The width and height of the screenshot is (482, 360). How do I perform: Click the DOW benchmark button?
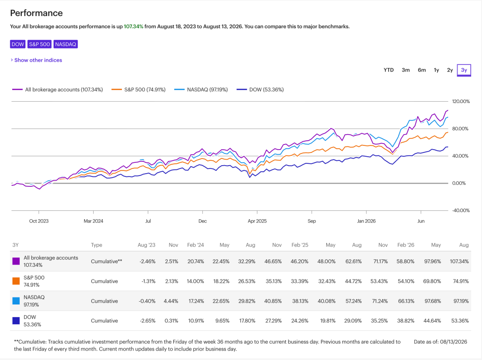[17, 44]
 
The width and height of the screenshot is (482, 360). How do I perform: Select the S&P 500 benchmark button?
[40, 44]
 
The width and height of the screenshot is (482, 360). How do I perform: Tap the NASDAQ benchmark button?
[65, 44]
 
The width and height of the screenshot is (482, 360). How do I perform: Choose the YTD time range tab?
[388, 70]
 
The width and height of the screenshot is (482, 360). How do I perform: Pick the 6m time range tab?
[422, 70]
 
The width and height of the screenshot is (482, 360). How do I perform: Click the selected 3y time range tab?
[464, 70]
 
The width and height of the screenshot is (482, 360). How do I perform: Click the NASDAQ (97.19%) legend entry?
[201, 89]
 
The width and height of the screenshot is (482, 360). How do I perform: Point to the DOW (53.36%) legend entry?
[260, 89]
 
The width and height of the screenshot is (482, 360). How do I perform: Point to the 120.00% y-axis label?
[461, 102]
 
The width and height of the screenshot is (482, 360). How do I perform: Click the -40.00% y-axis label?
[461, 211]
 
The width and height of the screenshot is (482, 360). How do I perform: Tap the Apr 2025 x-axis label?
[257, 221]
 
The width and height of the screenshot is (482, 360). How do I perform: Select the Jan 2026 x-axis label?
[366, 221]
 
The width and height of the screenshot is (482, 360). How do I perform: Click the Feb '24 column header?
[195, 245]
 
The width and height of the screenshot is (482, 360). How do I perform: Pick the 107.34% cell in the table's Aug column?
[459, 262]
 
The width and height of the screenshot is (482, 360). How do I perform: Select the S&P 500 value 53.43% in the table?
[379, 281]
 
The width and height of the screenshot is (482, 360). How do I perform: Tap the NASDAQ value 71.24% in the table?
[380, 301]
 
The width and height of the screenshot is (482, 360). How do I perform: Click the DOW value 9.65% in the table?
[222, 321]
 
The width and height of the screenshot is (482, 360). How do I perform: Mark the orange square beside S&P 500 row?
[16, 281]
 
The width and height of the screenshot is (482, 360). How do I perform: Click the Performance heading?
[36, 13]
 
